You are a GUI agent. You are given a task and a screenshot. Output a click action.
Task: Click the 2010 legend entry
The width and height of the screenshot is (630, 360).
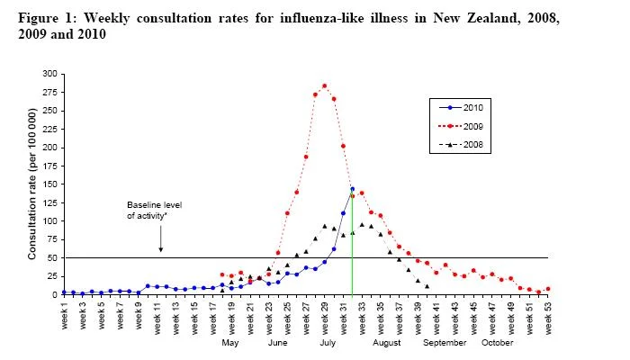(461, 108)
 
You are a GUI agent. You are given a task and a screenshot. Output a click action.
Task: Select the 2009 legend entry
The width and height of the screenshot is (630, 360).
(461, 126)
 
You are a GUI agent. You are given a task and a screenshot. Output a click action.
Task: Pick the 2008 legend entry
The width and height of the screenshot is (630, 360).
(461, 145)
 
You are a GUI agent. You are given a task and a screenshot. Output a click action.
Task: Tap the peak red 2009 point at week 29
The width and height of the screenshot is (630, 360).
(325, 86)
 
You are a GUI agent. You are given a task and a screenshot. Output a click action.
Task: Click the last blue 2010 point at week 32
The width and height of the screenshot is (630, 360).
(353, 189)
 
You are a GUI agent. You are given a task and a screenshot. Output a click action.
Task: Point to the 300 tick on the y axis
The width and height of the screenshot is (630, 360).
(49, 74)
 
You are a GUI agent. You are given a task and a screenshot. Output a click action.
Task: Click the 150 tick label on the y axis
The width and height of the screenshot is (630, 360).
(49, 184)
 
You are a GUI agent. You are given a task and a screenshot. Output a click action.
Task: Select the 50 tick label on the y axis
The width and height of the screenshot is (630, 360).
(52, 258)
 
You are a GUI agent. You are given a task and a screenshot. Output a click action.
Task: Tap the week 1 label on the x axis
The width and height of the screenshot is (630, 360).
(64, 316)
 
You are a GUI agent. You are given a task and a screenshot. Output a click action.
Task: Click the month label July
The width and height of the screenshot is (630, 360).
(328, 343)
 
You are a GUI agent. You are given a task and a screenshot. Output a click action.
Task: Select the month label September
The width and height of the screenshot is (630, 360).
(445, 343)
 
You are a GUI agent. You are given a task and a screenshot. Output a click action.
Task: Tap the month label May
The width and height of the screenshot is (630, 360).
(230, 343)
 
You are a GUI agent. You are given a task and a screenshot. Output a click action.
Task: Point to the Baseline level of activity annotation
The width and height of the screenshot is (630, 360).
(155, 210)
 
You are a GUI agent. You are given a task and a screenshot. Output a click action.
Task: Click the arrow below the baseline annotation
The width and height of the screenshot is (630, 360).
(161, 238)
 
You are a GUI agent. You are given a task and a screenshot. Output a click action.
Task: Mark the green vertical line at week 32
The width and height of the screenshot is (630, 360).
(353, 243)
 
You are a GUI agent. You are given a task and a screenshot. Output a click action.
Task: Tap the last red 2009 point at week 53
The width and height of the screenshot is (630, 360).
(548, 289)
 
